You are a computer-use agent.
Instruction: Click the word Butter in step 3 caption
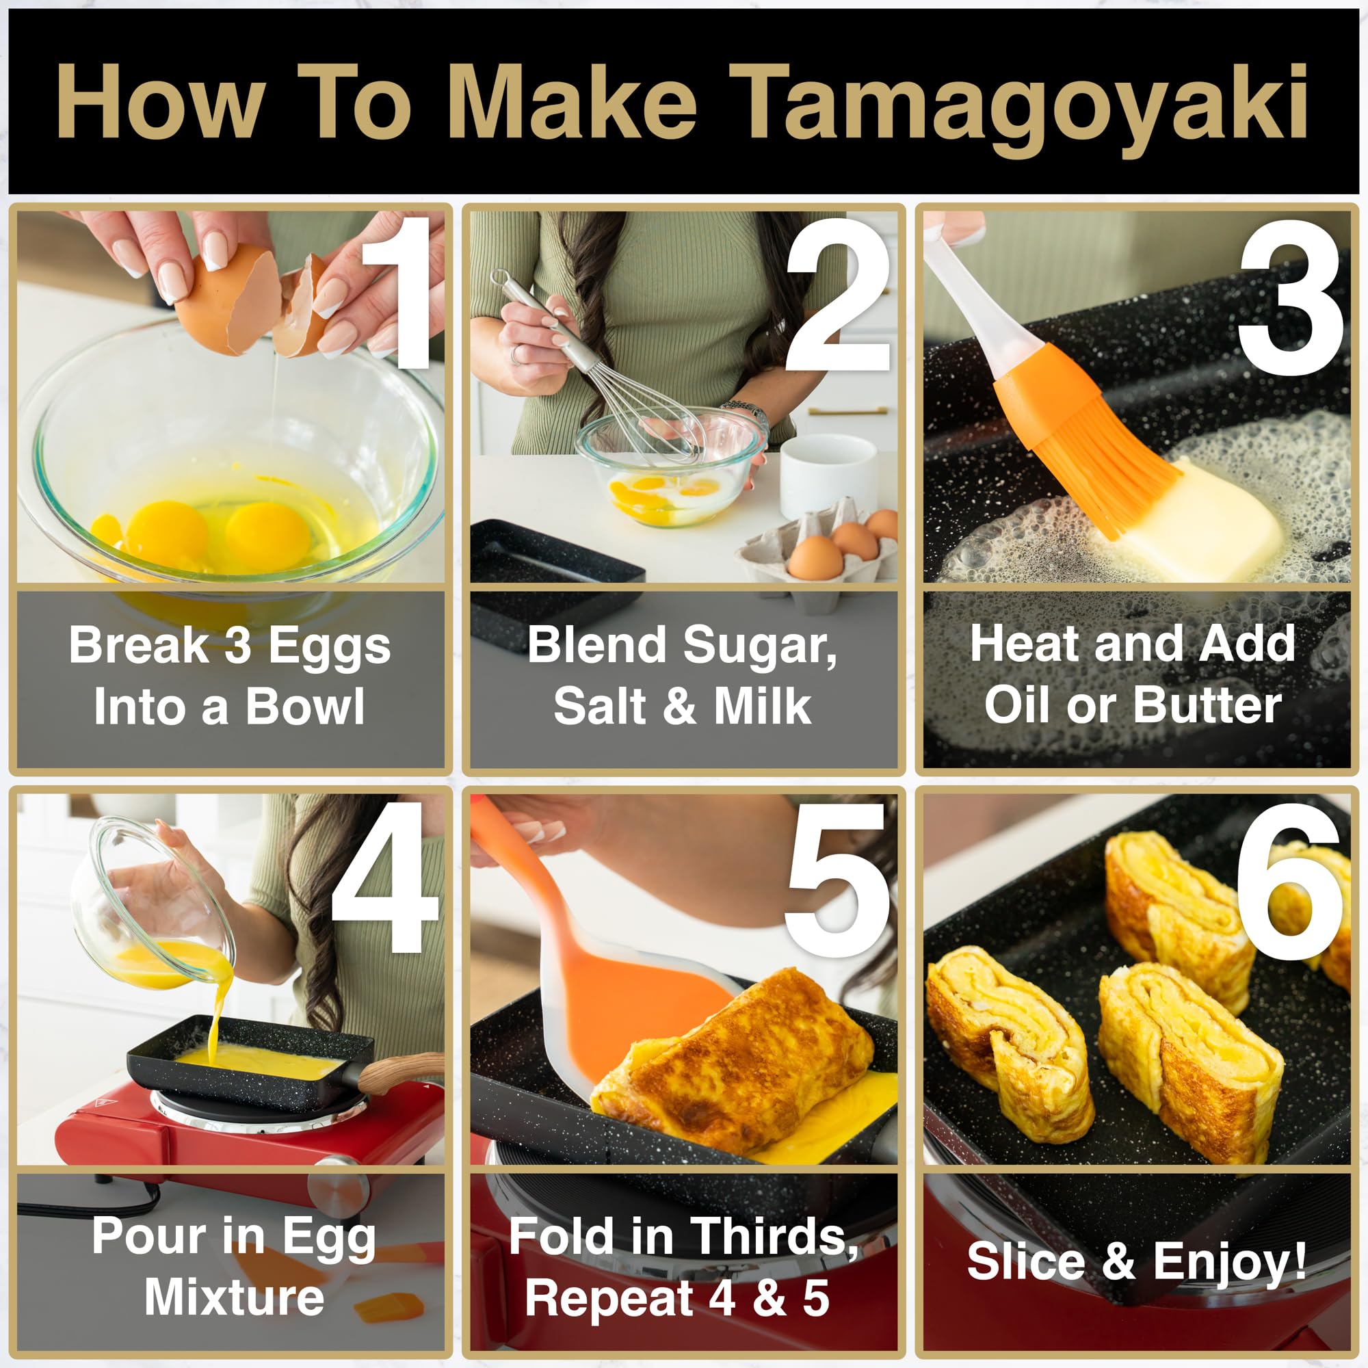click(1207, 706)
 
